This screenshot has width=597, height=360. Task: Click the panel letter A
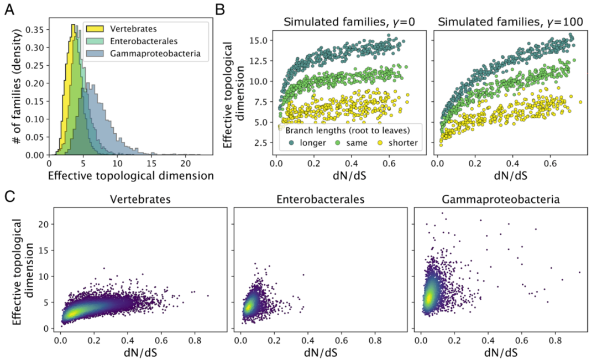click(10, 9)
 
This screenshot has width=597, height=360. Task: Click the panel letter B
click(220, 9)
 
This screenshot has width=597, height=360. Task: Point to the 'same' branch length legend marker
click(337, 142)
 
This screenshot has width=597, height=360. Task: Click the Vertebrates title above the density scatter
click(139, 200)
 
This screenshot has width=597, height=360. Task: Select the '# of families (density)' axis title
click(18, 88)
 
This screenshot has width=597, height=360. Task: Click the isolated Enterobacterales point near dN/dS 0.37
click(303, 275)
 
